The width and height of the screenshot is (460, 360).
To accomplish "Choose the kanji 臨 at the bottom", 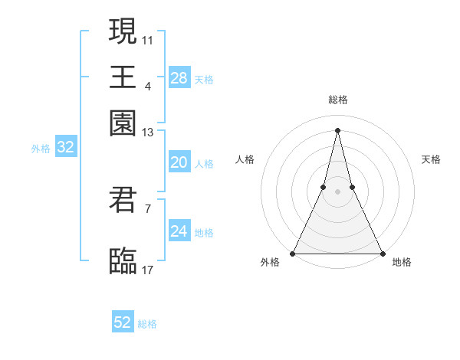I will [123, 260].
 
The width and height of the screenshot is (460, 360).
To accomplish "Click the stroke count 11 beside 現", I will [148, 39].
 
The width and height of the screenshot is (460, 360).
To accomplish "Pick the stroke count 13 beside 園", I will [148, 133].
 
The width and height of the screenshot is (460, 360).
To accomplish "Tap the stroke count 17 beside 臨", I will [148, 270].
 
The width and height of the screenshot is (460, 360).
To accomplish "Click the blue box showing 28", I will [179, 78].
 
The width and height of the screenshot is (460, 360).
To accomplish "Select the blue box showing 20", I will [179, 162].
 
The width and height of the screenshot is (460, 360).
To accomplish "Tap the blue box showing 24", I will [179, 231].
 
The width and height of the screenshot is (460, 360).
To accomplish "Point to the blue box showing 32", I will [65, 148].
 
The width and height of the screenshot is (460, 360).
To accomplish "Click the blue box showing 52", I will [123, 322].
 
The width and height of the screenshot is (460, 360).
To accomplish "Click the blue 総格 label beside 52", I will [147, 324].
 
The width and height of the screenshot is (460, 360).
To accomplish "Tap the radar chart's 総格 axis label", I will [338, 100].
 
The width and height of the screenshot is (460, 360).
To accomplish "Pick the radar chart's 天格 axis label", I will [431, 159].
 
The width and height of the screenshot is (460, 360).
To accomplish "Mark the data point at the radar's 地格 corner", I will [382, 253].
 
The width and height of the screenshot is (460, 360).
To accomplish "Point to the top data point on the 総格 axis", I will [338, 129].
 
